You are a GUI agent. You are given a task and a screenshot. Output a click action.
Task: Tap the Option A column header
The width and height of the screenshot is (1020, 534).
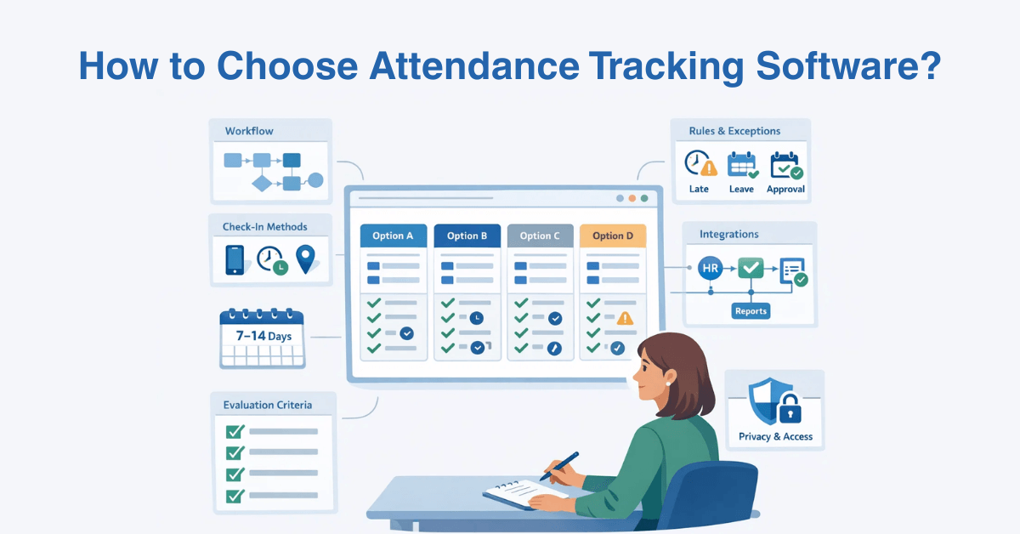pos(393,236)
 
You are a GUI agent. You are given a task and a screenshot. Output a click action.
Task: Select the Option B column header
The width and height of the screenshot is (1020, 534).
pos(467,236)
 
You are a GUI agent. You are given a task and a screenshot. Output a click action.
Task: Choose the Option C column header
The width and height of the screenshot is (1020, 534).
pos(540,236)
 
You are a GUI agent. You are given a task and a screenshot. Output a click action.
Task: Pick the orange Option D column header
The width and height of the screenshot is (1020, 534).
pos(613,236)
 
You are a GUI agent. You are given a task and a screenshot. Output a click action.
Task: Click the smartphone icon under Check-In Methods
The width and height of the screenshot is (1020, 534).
pos(235,259)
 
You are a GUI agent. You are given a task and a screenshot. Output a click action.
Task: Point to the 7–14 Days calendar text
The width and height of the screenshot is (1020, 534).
pos(263,337)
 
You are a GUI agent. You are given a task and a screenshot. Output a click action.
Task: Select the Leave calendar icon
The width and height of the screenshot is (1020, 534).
pos(742,164)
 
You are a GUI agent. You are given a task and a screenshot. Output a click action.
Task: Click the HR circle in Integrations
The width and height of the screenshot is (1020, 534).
pos(710,269)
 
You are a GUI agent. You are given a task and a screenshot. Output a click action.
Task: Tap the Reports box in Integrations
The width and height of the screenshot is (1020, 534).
pos(751,311)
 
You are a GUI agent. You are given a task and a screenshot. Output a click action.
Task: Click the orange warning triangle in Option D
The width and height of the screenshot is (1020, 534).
pos(626,319)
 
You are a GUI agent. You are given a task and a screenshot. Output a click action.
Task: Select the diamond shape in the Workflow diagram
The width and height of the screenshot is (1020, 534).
pos(262,182)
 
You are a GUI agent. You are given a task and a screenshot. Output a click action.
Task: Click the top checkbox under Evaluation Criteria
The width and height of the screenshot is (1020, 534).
pos(235,431)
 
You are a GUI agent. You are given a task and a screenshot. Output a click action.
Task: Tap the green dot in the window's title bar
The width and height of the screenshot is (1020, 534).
pos(644,199)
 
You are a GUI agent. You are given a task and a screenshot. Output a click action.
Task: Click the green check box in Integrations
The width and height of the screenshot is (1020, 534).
pos(751,269)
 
